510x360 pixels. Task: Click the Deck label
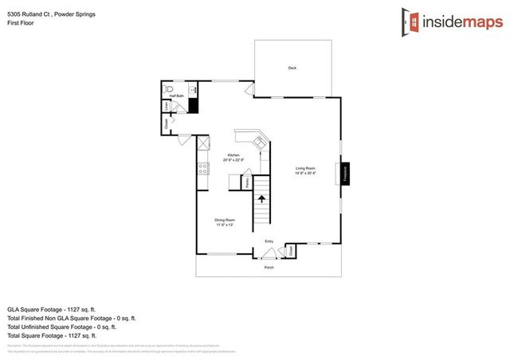[x=292, y=68]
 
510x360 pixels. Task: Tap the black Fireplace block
[x=345, y=173]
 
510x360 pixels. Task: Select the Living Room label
[x=306, y=168]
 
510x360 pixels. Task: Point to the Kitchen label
[x=233, y=155]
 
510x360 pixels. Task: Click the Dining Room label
[x=225, y=220]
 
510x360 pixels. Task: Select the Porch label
[x=269, y=267]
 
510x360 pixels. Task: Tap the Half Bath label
[x=176, y=96]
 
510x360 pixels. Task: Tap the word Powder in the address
[x=66, y=14]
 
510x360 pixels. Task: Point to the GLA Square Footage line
[x=51, y=309]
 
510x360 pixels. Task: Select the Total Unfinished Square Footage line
[x=62, y=326]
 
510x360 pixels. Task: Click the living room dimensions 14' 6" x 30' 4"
[x=306, y=174]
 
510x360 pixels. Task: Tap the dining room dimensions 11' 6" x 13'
[x=225, y=225]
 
